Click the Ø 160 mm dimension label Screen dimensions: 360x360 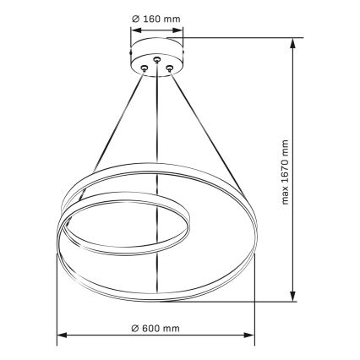click(156, 19)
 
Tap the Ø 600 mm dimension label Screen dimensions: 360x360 click(155, 328)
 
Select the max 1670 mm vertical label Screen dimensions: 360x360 click(285, 172)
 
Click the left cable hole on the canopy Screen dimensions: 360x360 click(145, 68)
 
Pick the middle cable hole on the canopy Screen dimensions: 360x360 click(156, 59)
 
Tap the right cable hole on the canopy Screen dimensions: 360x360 click(169, 68)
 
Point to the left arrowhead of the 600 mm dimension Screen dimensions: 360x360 click(62, 335)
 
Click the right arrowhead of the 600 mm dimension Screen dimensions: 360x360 click(249, 335)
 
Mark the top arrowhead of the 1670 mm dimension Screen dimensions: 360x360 click(293, 43)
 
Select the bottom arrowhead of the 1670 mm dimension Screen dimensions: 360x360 click(293, 296)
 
